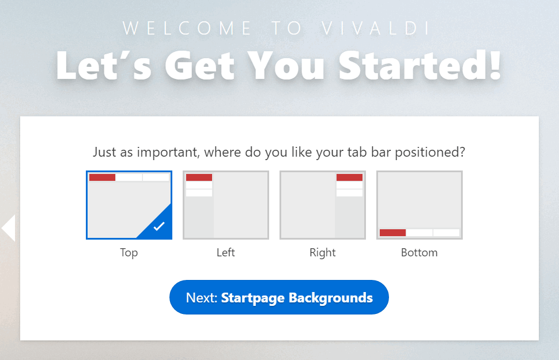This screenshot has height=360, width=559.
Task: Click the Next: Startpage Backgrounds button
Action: [x=279, y=297]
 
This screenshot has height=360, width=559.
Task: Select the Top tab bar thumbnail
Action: [x=129, y=205]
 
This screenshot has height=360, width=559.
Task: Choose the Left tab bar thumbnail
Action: [x=226, y=205]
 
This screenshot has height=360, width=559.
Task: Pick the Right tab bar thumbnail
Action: [x=323, y=205]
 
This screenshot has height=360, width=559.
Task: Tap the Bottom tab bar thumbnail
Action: [x=420, y=205]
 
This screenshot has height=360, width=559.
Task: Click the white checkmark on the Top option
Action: [x=159, y=226]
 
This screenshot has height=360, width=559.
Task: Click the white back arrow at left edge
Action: [x=8, y=228]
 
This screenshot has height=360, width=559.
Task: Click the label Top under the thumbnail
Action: [x=129, y=253]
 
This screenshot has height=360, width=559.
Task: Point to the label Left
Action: [x=226, y=252]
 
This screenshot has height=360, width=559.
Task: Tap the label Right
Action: [x=323, y=253]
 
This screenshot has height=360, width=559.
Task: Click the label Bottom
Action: [x=420, y=252]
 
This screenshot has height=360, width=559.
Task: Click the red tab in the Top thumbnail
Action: [x=103, y=177]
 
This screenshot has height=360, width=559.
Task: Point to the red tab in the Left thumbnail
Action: [x=199, y=177]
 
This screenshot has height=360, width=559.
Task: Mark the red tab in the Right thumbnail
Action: [x=349, y=177]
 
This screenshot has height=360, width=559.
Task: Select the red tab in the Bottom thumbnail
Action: [x=392, y=233]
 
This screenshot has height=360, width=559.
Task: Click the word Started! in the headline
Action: [x=420, y=66]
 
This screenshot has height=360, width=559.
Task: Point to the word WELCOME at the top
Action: [x=187, y=28]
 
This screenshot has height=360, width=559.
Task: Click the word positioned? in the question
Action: [x=430, y=153]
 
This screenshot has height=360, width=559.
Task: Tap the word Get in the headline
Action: [x=199, y=66]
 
